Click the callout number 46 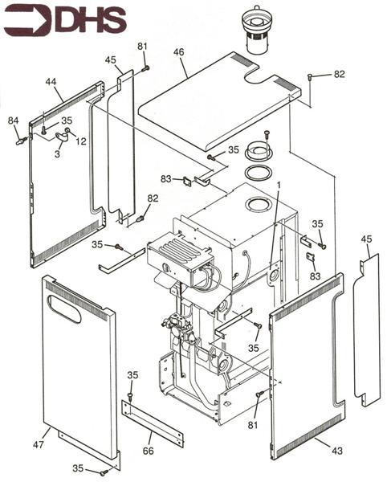(x=178, y=52)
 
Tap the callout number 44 (x=51, y=82)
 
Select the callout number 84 (x=13, y=120)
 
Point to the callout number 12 (x=81, y=141)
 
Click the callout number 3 (x=57, y=154)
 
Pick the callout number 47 (x=39, y=444)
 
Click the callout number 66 (x=148, y=451)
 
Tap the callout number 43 (x=337, y=451)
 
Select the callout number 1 (x=279, y=185)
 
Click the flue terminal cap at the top (x=255, y=30)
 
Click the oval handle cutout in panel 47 (x=64, y=309)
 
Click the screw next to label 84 (x=22, y=141)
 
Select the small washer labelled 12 (x=68, y=131)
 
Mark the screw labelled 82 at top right (x=310, y=77)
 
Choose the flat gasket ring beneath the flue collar (x=258, y=172)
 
